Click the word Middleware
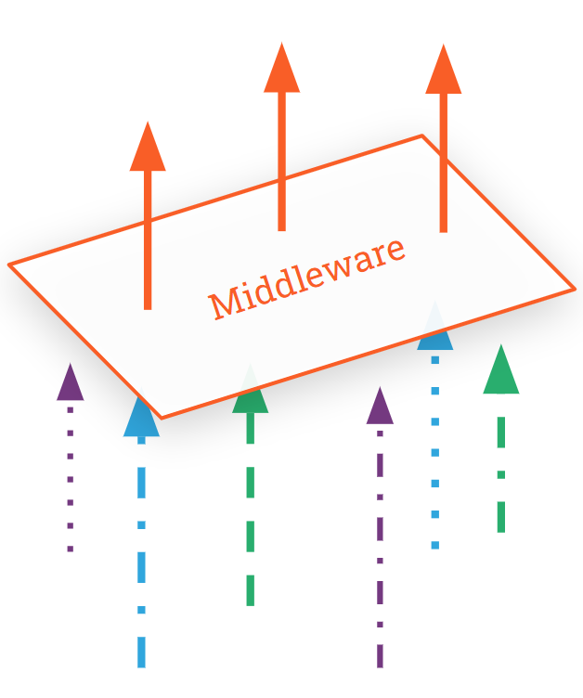306,278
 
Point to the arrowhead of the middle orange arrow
281,70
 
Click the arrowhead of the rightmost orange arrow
443,71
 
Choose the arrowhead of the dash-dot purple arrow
380,407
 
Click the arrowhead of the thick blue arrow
141,418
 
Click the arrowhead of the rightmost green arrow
500,371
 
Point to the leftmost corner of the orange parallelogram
10,265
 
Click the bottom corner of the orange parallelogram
162,418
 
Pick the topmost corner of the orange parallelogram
421,136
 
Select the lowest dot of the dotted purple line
70,549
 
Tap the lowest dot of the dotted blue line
434,545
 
